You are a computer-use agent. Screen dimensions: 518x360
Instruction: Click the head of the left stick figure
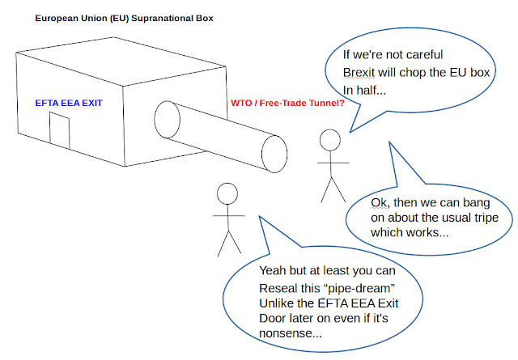pos(227,193)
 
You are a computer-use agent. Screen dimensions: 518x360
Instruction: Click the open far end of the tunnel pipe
pos(274,154)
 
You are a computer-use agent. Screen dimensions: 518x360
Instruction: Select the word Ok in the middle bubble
pos(379,201)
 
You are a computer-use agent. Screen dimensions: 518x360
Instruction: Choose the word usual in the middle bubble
pos(431,218)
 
